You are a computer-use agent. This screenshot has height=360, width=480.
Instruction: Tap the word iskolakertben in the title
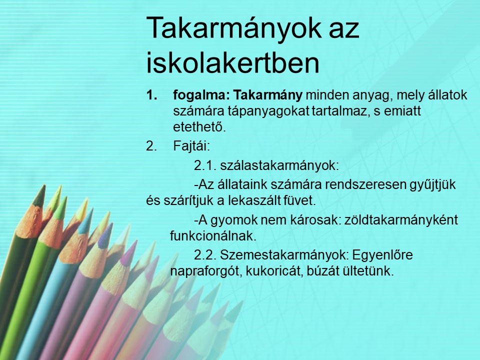tap(232, 62)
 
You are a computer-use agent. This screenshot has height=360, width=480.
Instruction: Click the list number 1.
tap(151, 95)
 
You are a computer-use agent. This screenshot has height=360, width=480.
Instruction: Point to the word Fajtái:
tap(191, 146)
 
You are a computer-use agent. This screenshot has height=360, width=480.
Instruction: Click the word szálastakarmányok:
tap(279, 165)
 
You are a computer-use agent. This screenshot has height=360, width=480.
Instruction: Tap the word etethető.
tap(199, 126)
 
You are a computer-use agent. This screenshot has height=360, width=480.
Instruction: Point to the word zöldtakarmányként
tap(401, 220)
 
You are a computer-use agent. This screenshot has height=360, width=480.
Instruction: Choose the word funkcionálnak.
tap(213, 236)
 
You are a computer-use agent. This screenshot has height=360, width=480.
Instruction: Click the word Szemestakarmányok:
tap(284, 255)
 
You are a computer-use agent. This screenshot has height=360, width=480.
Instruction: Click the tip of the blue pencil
tap(91, 209)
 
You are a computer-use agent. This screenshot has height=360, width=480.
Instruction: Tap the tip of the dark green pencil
tap(44, 185)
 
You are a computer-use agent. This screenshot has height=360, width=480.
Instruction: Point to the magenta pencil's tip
tap(136, 241)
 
